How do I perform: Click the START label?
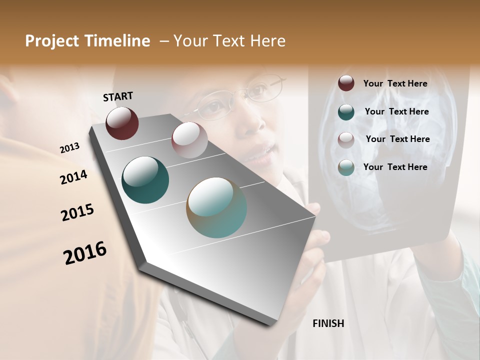pos(118,96)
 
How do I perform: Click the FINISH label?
pos(328,323)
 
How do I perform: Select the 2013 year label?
pos(69,148)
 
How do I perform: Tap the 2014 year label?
pos(73,177)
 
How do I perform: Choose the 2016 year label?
pos(85,253)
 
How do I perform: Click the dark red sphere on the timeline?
pos(122,123)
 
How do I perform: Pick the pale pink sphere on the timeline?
pos(189,140)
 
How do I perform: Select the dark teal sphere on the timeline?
pos(145,180)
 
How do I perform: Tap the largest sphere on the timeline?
pos(216,207)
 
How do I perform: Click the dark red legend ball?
pos(346,83)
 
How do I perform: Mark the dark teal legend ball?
pos(346,112)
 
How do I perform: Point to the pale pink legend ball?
pos(346,140)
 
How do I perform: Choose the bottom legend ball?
pos(346,167)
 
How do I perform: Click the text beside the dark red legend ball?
pos(395,83)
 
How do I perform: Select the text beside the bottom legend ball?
pos(395,167)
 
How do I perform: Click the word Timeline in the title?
pos(118,41)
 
